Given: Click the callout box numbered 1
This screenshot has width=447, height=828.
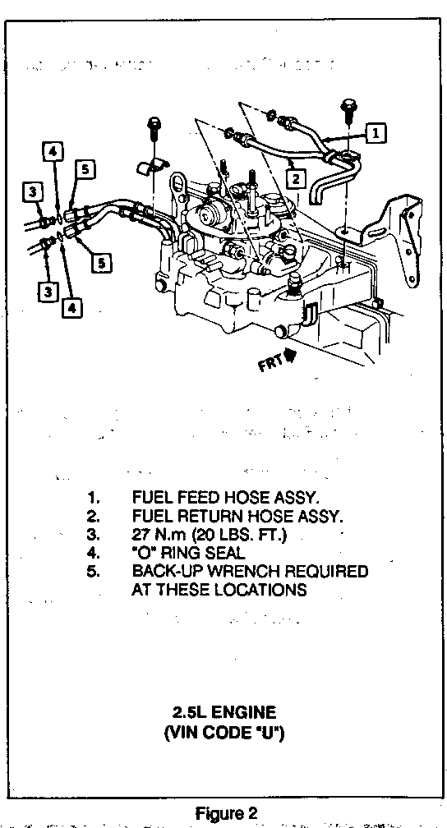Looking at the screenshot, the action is [376, 132].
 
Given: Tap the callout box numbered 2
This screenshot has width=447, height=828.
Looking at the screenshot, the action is [296, 179].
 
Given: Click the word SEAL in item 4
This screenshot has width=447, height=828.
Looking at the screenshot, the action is [225, 553].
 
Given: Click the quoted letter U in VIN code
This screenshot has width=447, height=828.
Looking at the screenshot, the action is [270, 734].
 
